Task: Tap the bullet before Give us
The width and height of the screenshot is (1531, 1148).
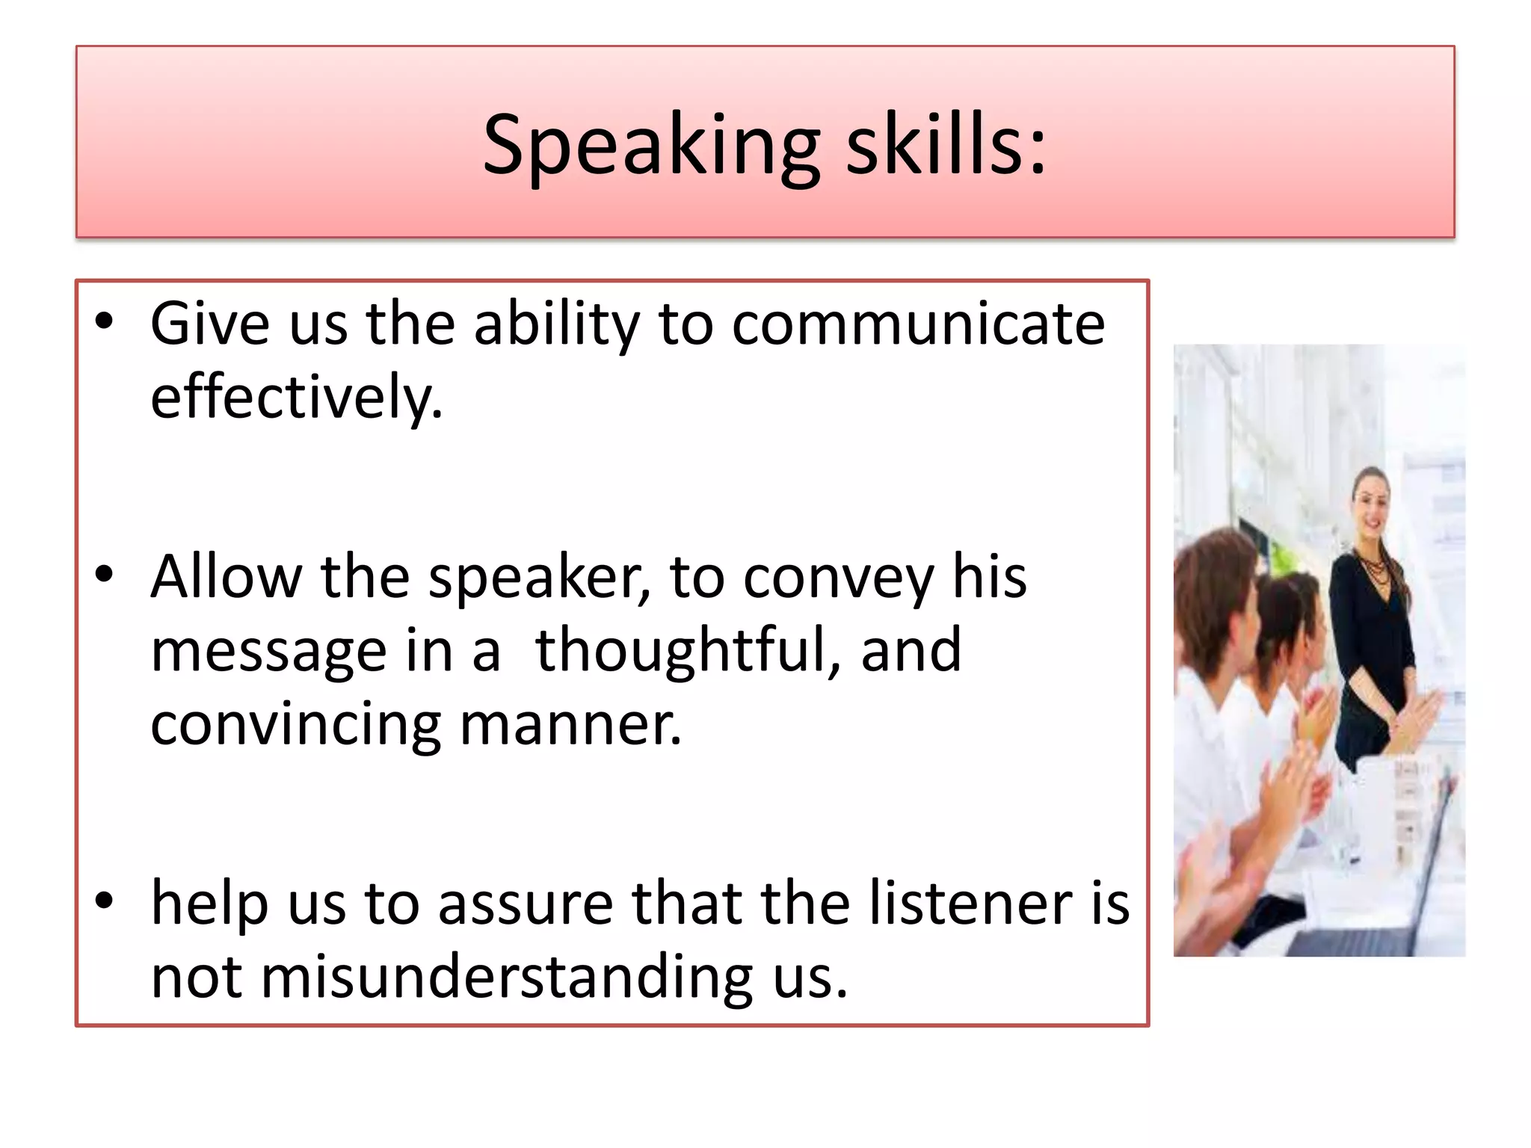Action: tap(104, 322)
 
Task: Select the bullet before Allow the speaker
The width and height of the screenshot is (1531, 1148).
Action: tap(104, 575)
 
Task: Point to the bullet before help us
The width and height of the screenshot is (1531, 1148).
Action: tap(104, 901)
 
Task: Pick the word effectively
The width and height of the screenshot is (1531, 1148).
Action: tap(296, 397)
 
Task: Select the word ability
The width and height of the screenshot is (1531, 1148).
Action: tap(556, 325)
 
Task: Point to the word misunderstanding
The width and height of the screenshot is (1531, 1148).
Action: tap(507, 976)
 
